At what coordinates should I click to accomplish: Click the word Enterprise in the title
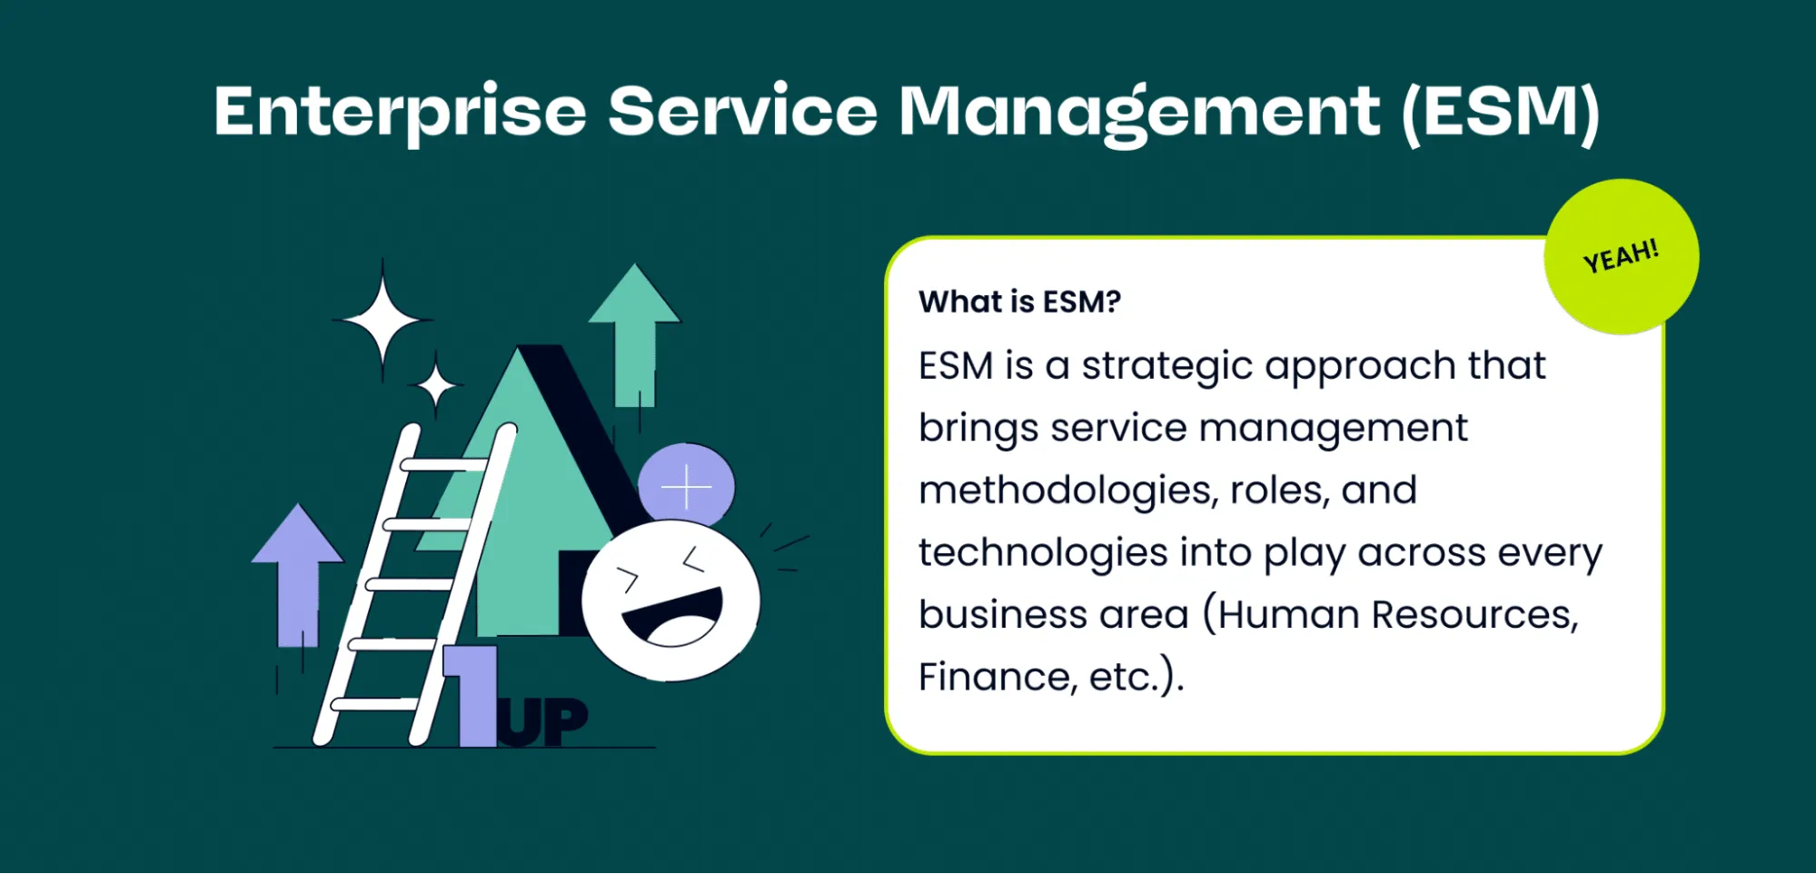tap(401, 113)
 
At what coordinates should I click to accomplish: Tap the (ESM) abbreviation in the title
tap(1500, 113)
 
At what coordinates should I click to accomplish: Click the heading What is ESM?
tap(1019, 302)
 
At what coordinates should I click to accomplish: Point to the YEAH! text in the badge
tap(1621, 256)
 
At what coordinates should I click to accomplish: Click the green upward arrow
tap(634, 335)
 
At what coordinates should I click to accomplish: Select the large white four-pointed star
tap(382, 321)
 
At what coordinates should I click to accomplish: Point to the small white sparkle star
tap(436, 386)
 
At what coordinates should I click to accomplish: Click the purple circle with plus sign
tap(686, 485)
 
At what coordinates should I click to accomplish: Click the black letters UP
tap(543, 722)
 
